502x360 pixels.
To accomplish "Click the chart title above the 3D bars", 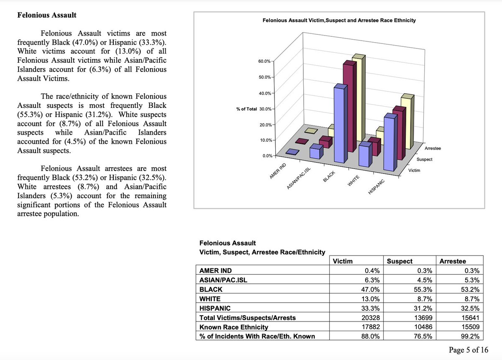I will point(339,20).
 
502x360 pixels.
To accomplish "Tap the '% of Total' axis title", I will point(246,109).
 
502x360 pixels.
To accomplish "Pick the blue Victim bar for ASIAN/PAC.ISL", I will point(316,151).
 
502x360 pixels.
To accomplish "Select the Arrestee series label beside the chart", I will point(433,148).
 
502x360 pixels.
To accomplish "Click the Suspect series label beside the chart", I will point(425,159).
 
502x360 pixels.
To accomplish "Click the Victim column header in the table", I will point(343,261).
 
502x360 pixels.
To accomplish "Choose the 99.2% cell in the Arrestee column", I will point(471,336).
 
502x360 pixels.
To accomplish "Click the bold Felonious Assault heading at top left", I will point(46,15).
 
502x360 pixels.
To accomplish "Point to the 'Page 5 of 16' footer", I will point(468,350).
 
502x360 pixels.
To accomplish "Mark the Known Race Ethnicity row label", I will point(234,327).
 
